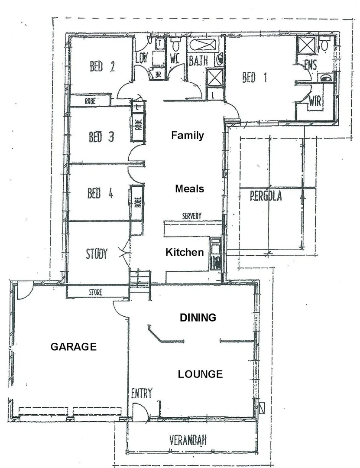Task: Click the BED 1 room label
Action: (254, 78)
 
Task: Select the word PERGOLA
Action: (266, 196)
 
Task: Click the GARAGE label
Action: (73, 347)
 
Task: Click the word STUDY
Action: (96, 254)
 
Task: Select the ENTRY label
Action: (142, 393)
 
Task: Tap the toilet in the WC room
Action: (175, 45)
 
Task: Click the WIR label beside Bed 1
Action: (315, 101)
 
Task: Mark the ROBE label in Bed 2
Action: (90, 101)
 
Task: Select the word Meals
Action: (189, 188)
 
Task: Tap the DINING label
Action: (198, 318)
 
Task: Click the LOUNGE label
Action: (200, 374)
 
